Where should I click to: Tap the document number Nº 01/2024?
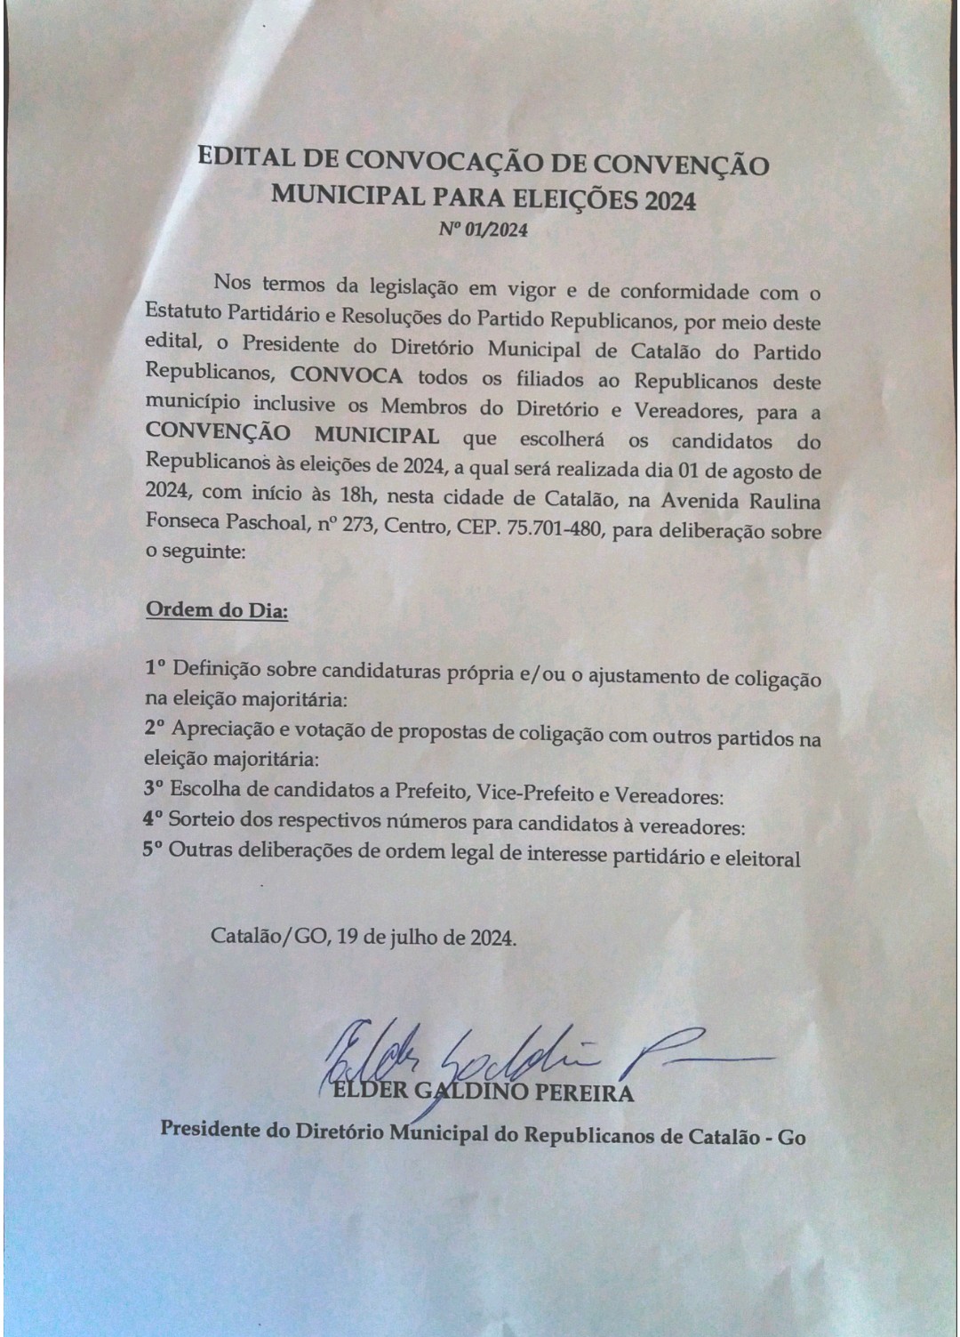(483, 230)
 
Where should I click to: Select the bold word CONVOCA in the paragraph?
(346, 376)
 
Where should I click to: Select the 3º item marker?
(154, 788)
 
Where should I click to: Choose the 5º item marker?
(153, 850)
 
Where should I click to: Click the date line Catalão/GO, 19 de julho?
(363, 937)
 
